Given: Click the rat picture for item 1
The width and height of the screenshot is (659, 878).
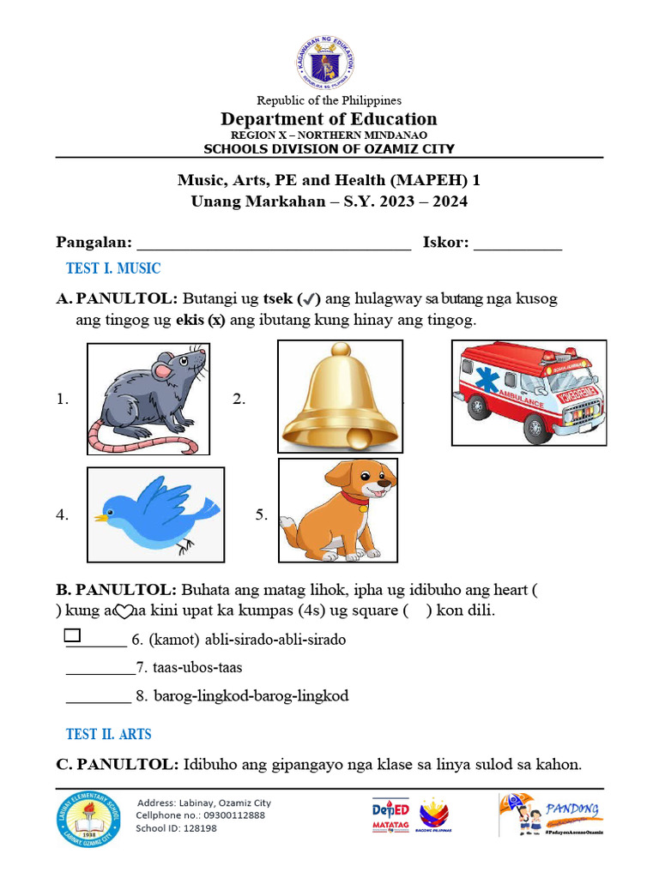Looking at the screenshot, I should coord(148,398).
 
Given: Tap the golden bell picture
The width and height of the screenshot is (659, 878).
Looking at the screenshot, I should coord(339,395).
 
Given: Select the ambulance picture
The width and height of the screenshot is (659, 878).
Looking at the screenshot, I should coord(529,392).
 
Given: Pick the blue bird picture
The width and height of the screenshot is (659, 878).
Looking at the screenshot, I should coord(155,514).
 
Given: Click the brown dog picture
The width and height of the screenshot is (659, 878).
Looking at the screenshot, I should coord(337,510).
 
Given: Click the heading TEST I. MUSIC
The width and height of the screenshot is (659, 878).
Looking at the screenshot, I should coord(113,268).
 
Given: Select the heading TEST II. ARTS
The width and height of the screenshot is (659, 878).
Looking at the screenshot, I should coord(108,734).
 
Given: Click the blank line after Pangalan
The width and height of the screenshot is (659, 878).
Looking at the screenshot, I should coord(274,244).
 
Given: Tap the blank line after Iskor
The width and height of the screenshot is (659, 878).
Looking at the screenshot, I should coord(517,244).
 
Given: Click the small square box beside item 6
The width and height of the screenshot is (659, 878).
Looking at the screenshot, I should coord(72,635).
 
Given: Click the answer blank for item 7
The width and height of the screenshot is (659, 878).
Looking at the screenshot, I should coord(100,667).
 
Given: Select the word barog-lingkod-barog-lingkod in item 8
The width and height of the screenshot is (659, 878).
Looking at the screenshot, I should coord(251,695).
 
